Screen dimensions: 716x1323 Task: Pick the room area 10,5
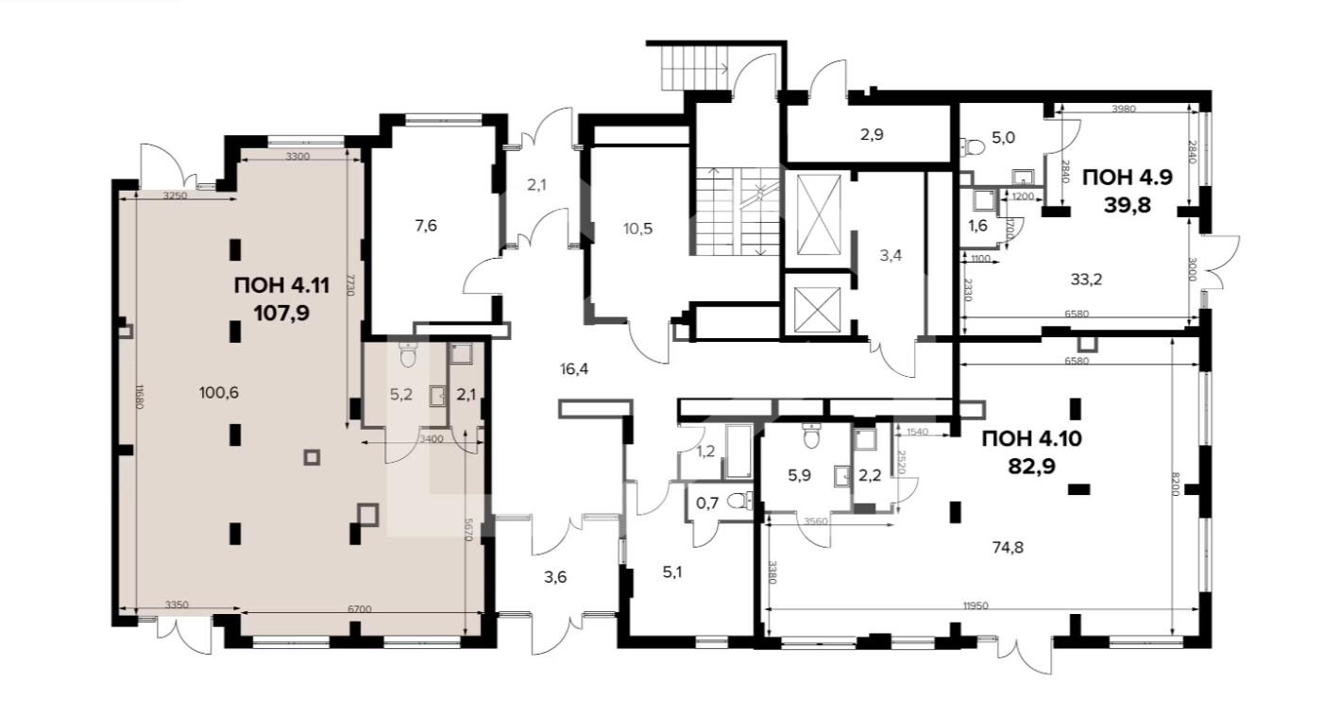(638, 227)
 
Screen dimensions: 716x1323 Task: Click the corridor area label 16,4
(575, 368)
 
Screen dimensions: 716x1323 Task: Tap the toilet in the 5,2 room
(408, 356)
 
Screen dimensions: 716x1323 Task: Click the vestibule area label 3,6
(555, 576)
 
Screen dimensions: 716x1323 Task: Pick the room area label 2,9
(872, 134)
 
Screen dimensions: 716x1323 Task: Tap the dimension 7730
(349, 283)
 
